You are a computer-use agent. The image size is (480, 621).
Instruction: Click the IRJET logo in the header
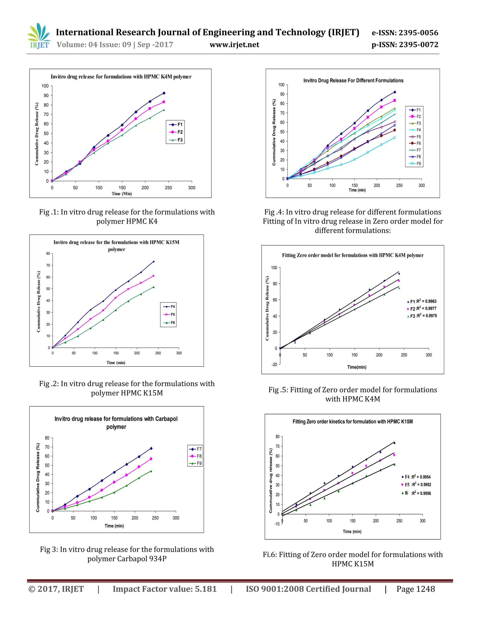[x=39, y=36]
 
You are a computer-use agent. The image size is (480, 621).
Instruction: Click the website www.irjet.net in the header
[x=234, y=45]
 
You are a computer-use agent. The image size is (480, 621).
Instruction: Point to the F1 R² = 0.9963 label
[x=423, y=301]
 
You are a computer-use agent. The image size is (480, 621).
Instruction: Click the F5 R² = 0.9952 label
[x=417, y=485]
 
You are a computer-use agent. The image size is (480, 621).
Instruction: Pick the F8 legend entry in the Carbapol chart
[x=196, y=456]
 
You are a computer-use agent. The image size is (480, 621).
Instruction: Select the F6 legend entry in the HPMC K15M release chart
[x=169, y=322]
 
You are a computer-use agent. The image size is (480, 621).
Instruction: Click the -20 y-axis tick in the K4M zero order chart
[x=274, y=365]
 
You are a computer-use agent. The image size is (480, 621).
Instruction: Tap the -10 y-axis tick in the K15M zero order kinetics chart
[x=277, y=524]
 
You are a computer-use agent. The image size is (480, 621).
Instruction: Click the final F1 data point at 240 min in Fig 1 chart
[x=164, y=93]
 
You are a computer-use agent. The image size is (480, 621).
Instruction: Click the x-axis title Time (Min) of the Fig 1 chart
[x=122, y=194]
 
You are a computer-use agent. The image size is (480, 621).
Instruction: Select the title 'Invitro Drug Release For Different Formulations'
[x=353, y=80]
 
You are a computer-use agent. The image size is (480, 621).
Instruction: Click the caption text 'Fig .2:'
[x=49, y=384]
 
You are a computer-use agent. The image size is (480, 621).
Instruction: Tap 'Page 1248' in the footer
[x=416, y=589]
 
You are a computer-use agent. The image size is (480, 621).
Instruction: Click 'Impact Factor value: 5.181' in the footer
[x=165, y=589]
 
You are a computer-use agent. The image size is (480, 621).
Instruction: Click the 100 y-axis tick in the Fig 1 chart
[x=45, y=86]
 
